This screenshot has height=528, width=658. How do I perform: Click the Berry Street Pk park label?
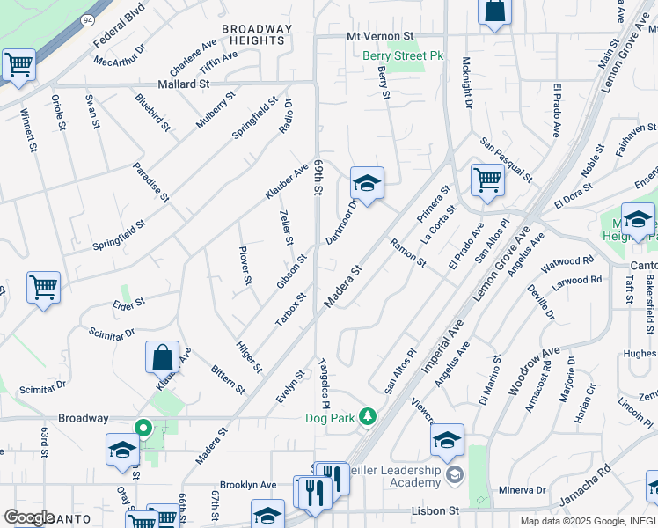404,56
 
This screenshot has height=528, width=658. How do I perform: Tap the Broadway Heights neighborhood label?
256,34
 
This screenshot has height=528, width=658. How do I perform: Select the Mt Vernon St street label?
380,37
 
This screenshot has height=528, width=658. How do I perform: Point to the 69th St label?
318,177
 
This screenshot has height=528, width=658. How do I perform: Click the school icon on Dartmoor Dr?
367,183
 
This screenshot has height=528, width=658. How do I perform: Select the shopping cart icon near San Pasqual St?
487,180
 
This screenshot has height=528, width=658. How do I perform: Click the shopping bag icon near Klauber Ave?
163,357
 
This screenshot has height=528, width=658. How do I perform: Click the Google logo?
29,517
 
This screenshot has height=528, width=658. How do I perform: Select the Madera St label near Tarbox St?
343,289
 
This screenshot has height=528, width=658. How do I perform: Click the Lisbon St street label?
436,510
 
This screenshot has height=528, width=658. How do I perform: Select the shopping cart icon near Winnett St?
18,64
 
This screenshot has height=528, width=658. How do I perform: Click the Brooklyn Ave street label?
248,485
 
